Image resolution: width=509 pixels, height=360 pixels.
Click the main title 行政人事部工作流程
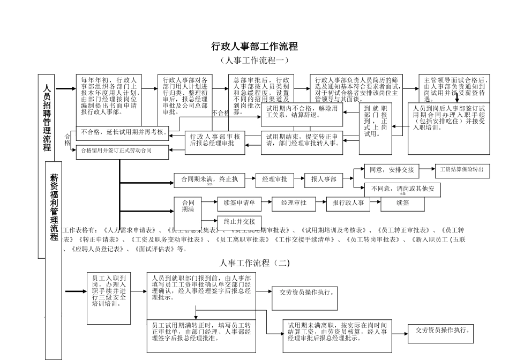pyautogui.click(x=254, y=47)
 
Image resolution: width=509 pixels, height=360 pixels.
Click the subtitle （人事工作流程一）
pyautogui.click(x=254, y=61)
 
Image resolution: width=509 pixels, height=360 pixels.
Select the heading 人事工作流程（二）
pyautogui.click(x=254, y=262)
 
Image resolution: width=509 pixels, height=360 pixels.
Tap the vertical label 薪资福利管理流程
pyautogui.click(x=54, y=206)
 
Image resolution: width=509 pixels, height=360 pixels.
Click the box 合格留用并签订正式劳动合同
pyautogui.click(x=116, y=151)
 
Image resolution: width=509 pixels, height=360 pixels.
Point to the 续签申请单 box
pyautogui.click(x=239, y=203)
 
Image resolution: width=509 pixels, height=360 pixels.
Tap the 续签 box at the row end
pyautogui.click(x=403, y=203)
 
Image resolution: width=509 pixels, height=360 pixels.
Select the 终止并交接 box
pyautogui.click(x=239, y=221)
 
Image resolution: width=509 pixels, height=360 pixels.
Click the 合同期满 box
pyautogui.click(x=188, y=206)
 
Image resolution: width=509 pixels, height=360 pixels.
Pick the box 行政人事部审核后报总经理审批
pyautogui.click(x=215, y=140)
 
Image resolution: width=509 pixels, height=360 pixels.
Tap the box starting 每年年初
pyautogui.click(x=109, y=96)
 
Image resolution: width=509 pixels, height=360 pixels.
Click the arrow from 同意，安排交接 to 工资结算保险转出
pyautogui.click(x=427, y=169)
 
